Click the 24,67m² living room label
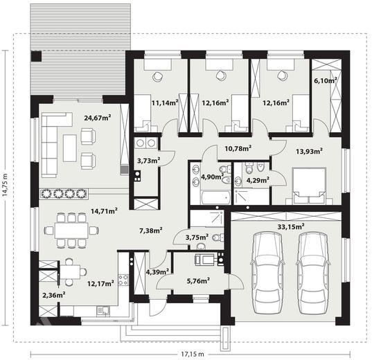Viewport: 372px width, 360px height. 98,118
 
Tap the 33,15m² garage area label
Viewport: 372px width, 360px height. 291,226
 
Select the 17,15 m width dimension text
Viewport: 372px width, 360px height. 193,354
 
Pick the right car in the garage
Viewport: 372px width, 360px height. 313,273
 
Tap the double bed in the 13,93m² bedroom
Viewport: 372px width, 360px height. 309,186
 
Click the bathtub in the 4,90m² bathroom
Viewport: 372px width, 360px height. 216,197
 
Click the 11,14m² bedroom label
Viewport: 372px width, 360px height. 165,102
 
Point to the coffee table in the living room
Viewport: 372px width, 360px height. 70,148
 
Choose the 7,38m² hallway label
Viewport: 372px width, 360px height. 151,231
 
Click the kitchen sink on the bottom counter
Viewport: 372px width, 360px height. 103,311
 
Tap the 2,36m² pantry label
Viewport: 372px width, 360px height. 54,295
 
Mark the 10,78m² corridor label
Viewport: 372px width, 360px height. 238,149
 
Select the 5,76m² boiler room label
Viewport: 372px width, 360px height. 198,281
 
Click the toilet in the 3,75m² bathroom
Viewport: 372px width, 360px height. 218,237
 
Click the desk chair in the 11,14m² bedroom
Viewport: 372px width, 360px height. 158,76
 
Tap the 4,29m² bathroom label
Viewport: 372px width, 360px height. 258,180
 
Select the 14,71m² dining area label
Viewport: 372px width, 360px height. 105,211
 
